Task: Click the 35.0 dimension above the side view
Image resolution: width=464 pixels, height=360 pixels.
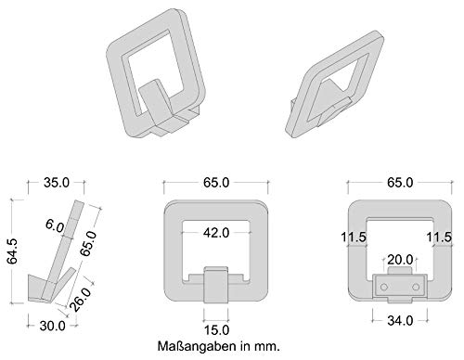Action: pyautogui.click(x=57, y=183)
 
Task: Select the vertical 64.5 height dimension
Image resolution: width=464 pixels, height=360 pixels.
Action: pyautogui.click(x=13, y=251)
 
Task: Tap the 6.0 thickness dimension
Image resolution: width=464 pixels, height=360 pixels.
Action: pyautogui.click(x=55, y=225)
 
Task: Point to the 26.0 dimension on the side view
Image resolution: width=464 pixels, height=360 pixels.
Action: pyautogui.click(x=81, y=299)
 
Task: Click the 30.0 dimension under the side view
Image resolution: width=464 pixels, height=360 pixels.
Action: pyautogui.click(x=52, y=326)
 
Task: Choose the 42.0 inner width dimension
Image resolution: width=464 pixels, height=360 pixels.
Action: pyautogui.click(x=216, y=233)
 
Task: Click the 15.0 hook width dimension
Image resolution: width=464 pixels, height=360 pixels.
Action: pyautogui.click(x=216, y=330)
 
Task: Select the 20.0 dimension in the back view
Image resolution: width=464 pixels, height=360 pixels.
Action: pyautogui.click(x=400, y=260)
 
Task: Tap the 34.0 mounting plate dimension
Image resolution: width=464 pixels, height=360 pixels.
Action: pyautogui.click(x=400, y=321)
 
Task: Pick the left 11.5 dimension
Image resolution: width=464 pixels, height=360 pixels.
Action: pyautogui.click(x=354, y=238)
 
